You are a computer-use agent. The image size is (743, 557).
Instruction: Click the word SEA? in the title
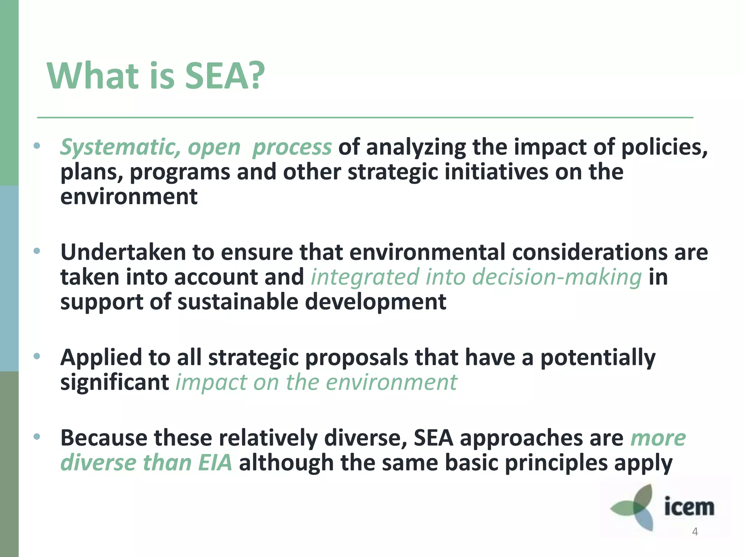point(225,76)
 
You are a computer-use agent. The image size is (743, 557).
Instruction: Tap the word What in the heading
point(93,76)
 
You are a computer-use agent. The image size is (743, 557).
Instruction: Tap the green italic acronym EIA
point(215,463)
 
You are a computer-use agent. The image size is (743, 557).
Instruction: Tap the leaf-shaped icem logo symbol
point(637,507)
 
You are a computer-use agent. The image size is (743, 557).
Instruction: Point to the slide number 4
point(695,532)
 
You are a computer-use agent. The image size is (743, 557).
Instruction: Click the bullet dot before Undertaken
point(37,251)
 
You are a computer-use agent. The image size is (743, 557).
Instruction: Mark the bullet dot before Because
point(37,437)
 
